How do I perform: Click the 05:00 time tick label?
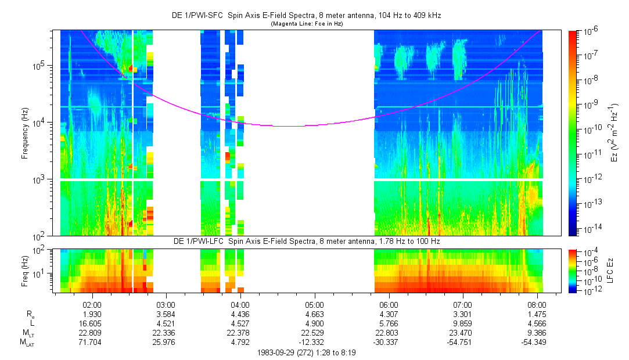[314, 304]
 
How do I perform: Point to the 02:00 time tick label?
[93, 304]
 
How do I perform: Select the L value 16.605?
[93, 323]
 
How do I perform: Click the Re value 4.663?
[314, 314]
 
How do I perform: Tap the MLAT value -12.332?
[314, 342]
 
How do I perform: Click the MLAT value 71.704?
[93, 342]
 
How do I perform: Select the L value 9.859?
[462, 323]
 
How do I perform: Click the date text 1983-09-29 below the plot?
[281, 352]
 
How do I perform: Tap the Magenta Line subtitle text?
[307, 24]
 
